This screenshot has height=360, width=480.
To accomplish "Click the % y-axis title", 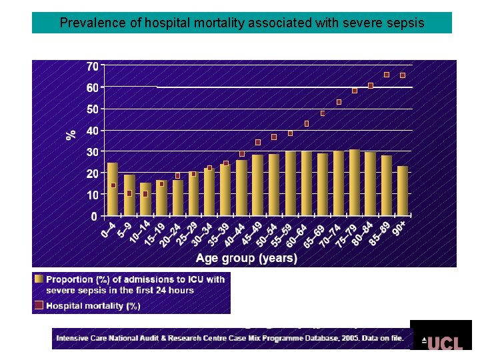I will [x=71, y=135].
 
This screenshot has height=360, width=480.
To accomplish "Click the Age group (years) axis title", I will [x=246, y=258].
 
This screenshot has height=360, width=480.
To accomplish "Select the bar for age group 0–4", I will [x=113, y=190].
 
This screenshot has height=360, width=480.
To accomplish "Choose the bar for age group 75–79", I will [x=354, y=183].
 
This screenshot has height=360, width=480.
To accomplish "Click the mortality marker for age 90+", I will [x=403, y=75].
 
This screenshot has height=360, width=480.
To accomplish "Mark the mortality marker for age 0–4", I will [x=113, y=185].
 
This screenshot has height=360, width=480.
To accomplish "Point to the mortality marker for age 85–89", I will [x=387, y=75].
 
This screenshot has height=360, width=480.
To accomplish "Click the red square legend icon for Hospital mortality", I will [x=39, y=305].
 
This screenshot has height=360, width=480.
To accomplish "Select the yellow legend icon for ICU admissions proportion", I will [x=39, y=279].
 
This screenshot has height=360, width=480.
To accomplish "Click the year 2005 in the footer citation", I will [x=348, y=338].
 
